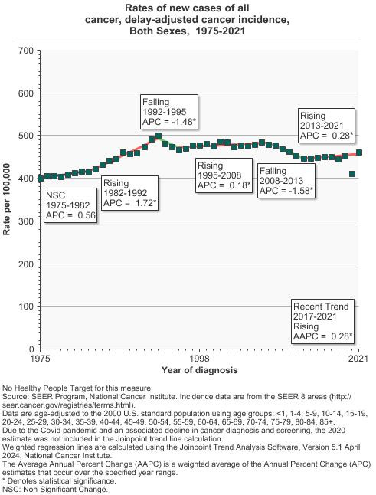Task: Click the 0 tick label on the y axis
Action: click(31, 349)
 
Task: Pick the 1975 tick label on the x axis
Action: click(41, 359)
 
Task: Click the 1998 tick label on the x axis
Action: click(200, 359)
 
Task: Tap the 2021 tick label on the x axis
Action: click(358, 359)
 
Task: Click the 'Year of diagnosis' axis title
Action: click(199, 370)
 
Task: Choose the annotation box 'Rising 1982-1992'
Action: click(129, 193)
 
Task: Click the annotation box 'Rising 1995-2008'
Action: click(224, 176)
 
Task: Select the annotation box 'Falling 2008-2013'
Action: click(286, 180)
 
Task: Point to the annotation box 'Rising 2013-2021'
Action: click(326, 125)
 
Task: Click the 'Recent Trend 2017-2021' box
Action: click(323, 321)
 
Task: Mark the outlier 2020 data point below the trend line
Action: click(352, 174)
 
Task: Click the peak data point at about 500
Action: click(158, 136)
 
